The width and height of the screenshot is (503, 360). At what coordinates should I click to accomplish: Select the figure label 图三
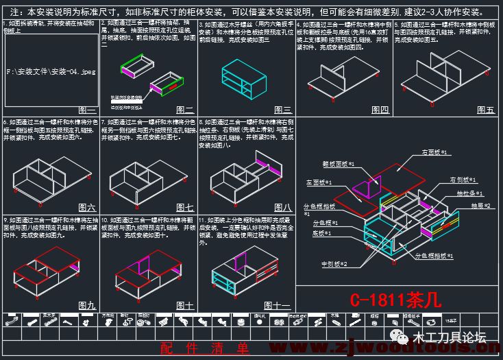[283, 110]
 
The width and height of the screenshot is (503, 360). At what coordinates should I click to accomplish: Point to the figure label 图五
[486, 110]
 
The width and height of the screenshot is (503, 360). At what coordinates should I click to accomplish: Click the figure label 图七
[185, 207]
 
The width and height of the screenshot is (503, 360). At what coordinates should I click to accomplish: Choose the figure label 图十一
[278, 305]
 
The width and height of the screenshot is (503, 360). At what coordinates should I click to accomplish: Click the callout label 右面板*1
[434, 152]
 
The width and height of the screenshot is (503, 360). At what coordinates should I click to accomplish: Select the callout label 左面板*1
[319, 183]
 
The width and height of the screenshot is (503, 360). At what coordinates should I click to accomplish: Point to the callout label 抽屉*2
[480, 205]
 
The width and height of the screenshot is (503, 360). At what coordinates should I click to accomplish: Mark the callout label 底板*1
[322, 233]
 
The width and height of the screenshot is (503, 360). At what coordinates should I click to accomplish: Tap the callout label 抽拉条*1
[470, 194]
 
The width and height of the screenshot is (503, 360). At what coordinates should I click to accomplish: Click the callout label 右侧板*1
[463, 180]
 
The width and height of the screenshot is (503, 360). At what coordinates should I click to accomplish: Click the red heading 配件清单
[205, 348]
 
